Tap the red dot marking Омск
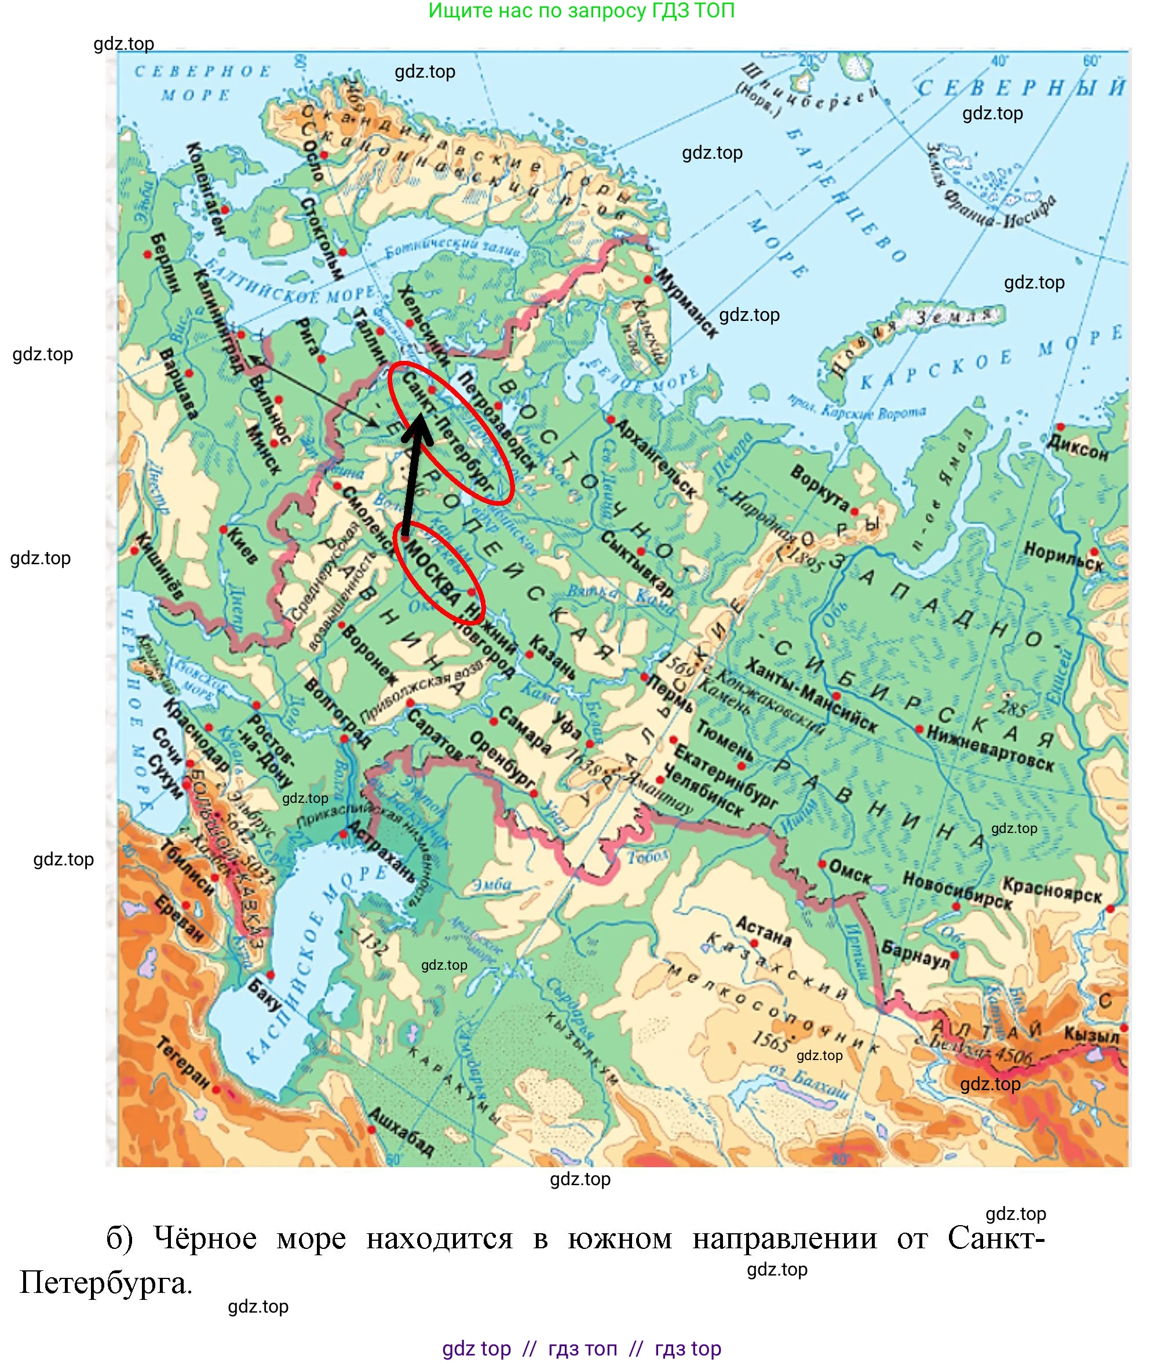pyautogui.click(x=821, y=864)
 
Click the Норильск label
pyautogui.click(x=1063, y=557)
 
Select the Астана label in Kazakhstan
pyautogui.click(x=763, y=930)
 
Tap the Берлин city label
pyautogui.click(x=165, y=263)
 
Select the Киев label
pyautogui.click(x=242, y=545)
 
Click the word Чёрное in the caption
pyautogui.click(x=204, y=1238)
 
